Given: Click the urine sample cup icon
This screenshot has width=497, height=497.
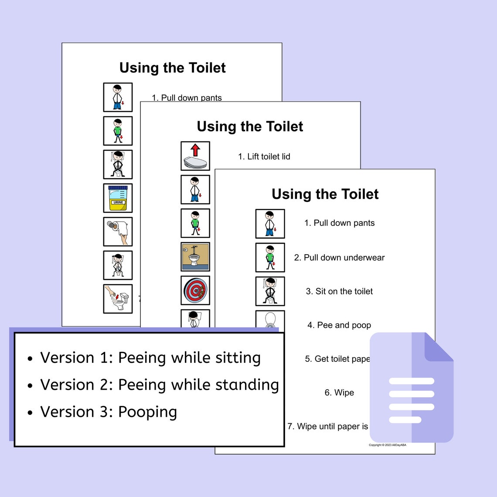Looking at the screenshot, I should (118, 198).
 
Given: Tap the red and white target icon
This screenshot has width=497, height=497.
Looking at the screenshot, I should (195, 290).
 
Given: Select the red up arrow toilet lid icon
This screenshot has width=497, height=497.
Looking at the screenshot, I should (195, 156).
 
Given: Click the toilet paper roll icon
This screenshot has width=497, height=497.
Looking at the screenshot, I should (118, 231).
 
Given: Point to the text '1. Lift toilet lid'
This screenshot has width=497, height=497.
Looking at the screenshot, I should (264, 157).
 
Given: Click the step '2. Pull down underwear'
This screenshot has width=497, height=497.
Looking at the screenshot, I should (339, 258).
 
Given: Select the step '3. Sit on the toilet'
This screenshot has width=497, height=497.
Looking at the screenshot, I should (339, 291).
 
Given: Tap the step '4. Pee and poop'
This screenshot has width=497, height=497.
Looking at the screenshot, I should (339, 325).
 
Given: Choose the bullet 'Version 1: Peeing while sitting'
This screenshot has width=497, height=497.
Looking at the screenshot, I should (150, 358).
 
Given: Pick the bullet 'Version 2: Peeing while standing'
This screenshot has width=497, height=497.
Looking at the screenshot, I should (160, 385).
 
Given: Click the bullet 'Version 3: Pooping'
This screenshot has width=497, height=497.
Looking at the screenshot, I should (109, 412).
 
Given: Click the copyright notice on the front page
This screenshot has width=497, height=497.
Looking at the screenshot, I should (387, 445).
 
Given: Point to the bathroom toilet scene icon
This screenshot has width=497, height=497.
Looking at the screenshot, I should (195, 257).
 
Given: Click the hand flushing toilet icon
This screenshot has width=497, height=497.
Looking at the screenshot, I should (118, 299).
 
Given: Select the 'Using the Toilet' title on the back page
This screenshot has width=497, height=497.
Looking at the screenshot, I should (172, 68).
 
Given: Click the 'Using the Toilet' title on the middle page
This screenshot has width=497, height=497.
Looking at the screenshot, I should (250, 126).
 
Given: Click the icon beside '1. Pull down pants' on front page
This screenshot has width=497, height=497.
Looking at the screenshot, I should (270, 224).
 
